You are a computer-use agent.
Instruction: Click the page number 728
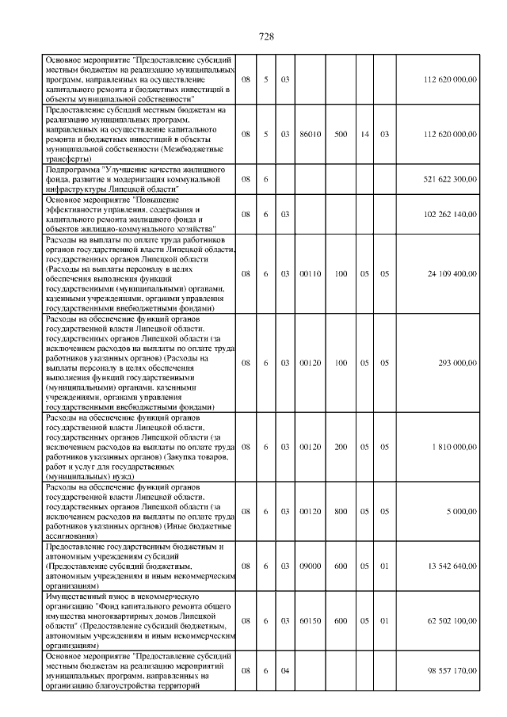(266, 36)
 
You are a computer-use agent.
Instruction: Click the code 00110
(310, 273)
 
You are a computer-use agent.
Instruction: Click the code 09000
(310, 566)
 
